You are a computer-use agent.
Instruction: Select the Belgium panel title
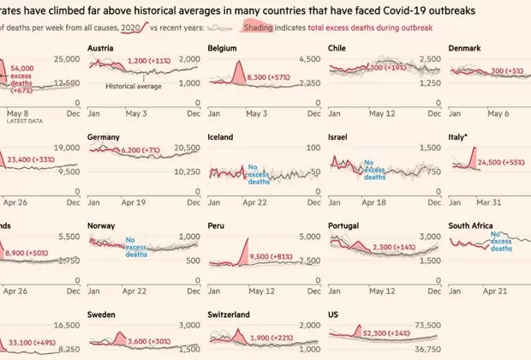(224, 49)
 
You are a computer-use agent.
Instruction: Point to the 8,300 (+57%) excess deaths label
(269, 76)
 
